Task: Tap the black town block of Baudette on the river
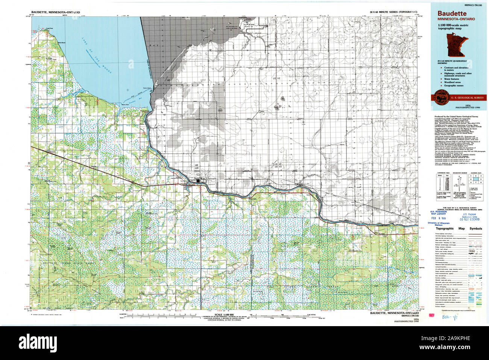198,181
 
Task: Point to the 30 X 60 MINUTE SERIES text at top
393,12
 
